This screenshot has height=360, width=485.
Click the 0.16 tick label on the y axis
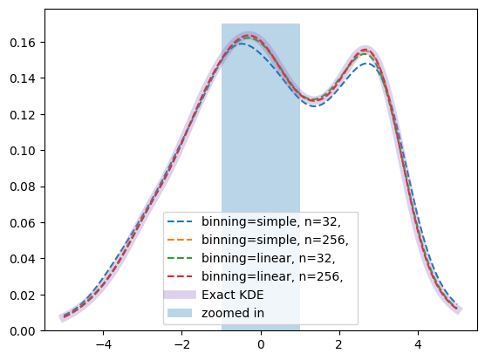[x=23, y=43]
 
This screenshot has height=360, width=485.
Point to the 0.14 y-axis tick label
[x=23, y=78]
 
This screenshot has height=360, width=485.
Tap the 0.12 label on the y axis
[x=23, y=115]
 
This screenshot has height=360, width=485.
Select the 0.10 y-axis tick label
[x=23, y=151]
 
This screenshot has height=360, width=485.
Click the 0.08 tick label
[x=23, y=187]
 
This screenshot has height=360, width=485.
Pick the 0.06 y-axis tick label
[x=23, y=223]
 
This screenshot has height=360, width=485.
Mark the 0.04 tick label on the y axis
[x=23, y=259]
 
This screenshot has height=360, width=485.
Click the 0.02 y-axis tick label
[x=23, y=295]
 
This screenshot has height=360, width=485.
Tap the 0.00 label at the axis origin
[x=23, y=331]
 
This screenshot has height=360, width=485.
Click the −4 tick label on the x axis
[x=103, y=344]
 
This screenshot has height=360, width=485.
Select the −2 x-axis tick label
[x=181, y=344]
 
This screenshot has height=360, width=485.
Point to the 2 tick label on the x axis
[x=339, y=344]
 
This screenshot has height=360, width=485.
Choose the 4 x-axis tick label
[x=418, y=344]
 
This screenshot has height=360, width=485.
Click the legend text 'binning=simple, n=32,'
[x=271, y=222]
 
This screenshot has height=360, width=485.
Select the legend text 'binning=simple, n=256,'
[x=275, y=240]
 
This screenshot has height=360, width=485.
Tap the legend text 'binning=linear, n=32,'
[x=269, y=258]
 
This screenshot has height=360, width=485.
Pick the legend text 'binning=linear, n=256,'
[x=272, y=276]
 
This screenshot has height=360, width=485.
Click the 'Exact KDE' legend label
[x=233, y=295]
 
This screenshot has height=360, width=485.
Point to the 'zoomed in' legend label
[x=233, y=313]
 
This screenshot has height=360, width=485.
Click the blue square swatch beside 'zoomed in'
[x=180, y=313]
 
